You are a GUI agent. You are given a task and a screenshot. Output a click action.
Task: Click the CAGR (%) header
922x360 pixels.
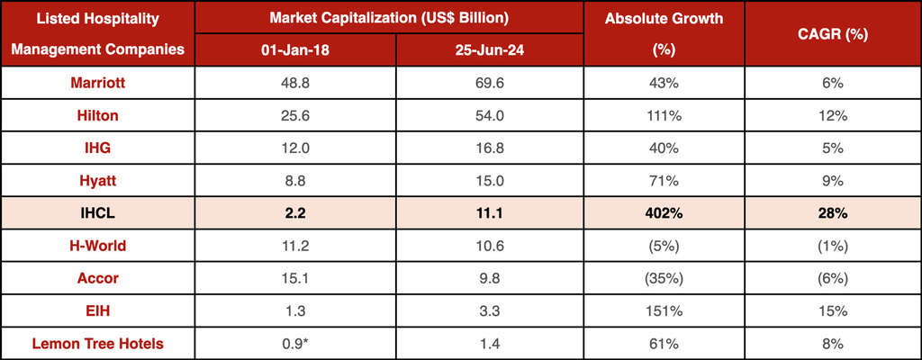point(832,33)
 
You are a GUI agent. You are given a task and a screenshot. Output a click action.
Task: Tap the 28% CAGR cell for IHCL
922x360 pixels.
point(832,213)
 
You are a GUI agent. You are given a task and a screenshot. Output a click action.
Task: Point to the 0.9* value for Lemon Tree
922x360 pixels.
point(294,343)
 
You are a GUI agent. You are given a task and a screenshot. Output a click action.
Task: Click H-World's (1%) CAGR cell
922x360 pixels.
point(832,246)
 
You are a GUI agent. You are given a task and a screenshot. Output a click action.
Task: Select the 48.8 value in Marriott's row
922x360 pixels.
point(292,82)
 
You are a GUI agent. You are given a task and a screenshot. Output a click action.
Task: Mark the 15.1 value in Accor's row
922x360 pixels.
point(292,278)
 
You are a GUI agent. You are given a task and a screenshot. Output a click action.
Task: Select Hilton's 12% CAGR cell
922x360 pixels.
point(832,115)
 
